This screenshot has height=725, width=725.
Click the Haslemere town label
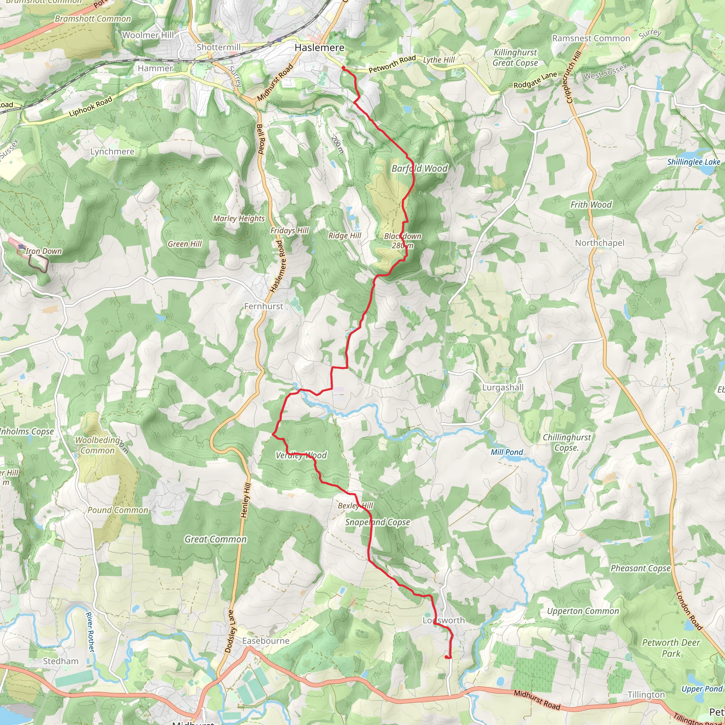pyautogui.click(x=319, y=48)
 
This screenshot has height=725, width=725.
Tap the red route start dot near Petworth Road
pyautogui.click(x=343, y=68)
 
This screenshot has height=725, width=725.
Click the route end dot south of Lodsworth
pyautogui.click(x=446, y=657)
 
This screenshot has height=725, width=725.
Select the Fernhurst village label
pyautogui.click(x=263, y=306)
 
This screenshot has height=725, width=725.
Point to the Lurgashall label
pyautogui.click(x=502, y=387)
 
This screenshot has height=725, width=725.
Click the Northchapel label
pyautogui.click(x=600, y=243)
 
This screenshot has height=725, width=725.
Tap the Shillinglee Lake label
pyautogui.click(x=693, y=162)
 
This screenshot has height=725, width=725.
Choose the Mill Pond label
pyautogui.click(x=507, y=452)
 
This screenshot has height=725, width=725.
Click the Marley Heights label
pyautogui.click(x=239, y=218)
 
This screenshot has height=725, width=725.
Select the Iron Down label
pyautogui.click(x=44, y=251)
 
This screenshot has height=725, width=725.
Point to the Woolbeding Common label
pyautogui.click(x=98, y=445)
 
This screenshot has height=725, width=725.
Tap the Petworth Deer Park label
pyautogui.click(x=671, y=648)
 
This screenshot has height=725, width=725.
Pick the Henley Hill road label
pyautogui.click(x=245, y=501)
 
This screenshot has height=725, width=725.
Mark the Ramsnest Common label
pyautogui.click(x=591, y=38)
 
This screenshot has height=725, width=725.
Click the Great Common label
pyautogui.click(x=215, y=539)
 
